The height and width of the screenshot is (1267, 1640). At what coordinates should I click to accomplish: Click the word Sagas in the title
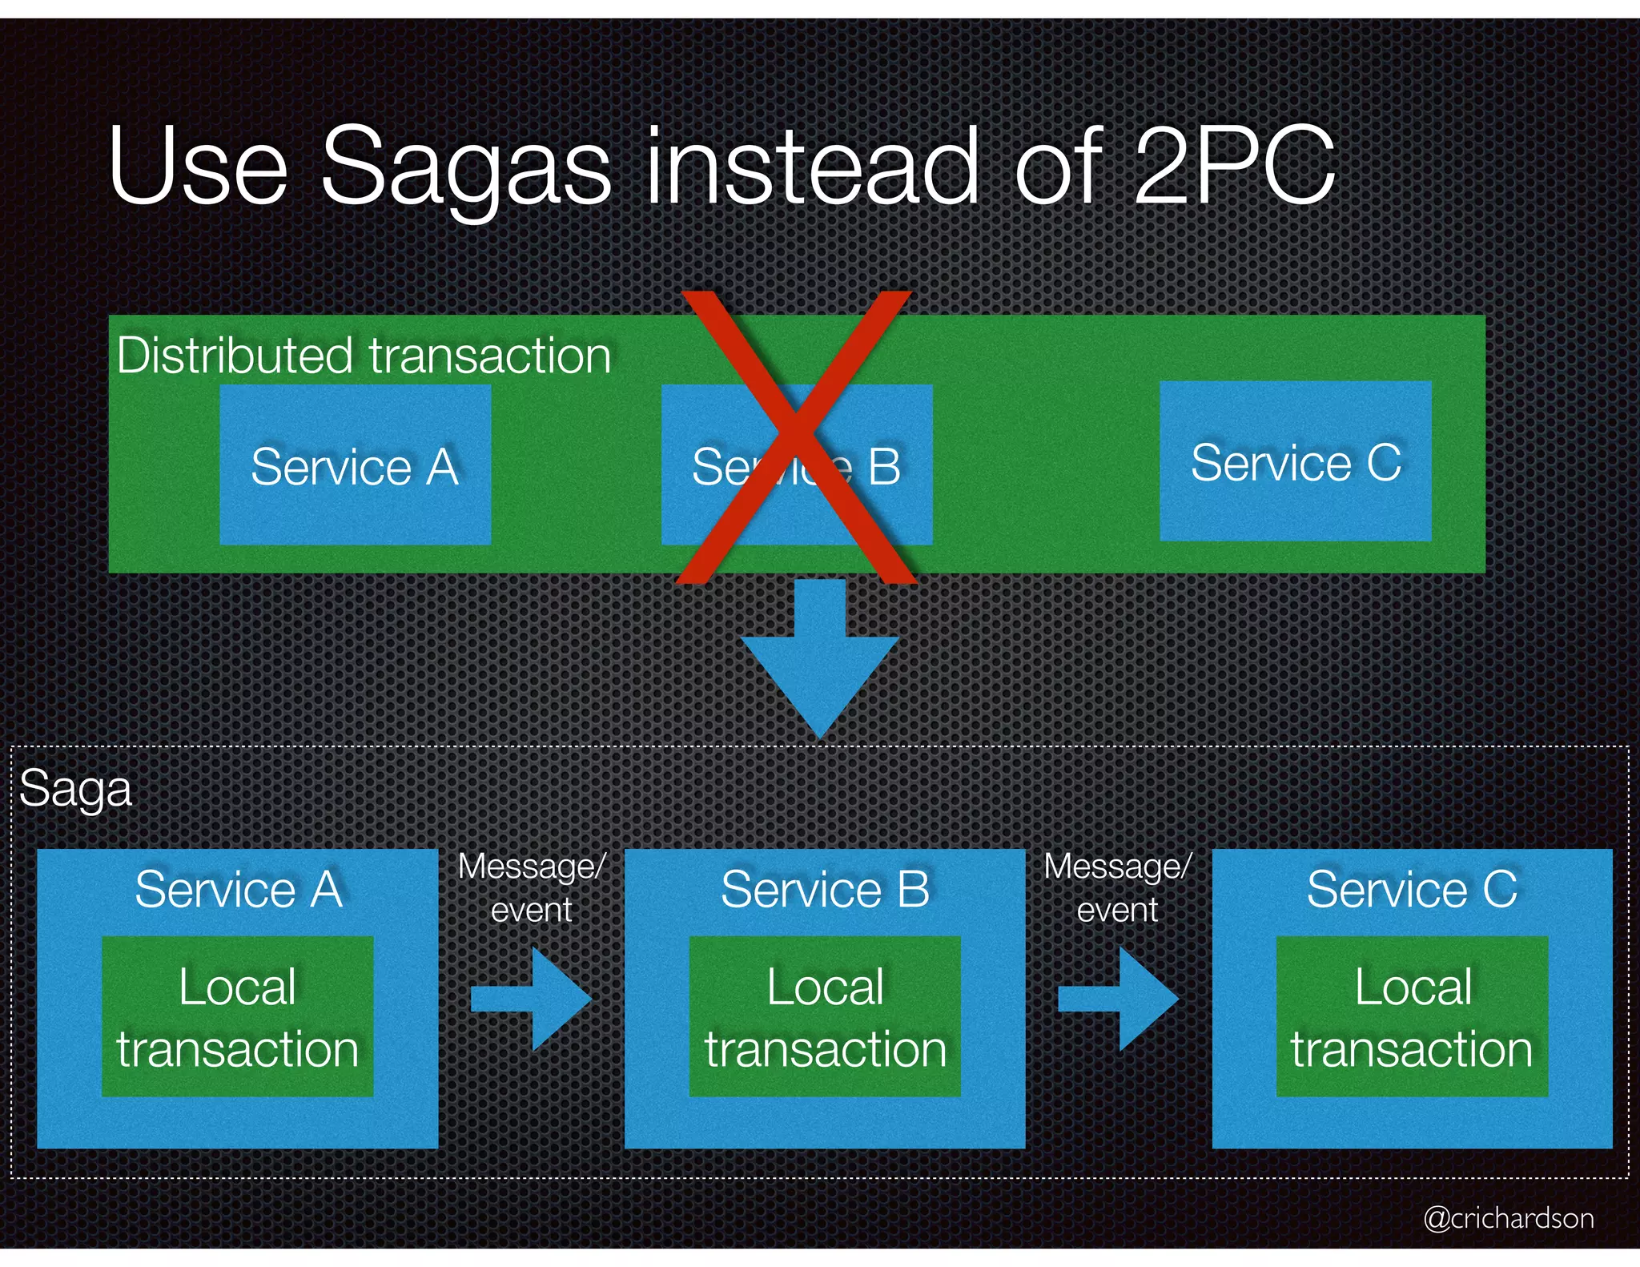[x=466, y=168]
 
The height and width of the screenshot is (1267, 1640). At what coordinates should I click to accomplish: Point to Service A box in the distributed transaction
[x=355, y=465]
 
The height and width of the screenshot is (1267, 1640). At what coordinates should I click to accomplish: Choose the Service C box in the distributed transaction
[x=1295, y=462]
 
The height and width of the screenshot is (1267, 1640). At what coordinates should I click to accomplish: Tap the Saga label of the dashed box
[x=75, y=789]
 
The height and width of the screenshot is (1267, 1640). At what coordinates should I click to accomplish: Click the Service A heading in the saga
[x=238, y=889]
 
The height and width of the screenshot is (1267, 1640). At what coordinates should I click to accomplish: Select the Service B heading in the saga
[x=825, y=889]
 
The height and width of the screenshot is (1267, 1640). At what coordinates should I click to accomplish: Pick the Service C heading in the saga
[x=1411, y=889]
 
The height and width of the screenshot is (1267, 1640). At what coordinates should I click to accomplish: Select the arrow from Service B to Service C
[x=1118, y=999]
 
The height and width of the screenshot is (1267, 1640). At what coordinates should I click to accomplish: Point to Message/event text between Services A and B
[x=532, y=887]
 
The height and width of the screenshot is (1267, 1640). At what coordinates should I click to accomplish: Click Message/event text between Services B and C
[x=1118, y=887]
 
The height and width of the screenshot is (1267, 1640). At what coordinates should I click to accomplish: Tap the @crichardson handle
[x=1508, y=1218]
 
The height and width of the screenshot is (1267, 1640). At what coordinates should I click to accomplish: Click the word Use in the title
[x=198, y=168]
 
